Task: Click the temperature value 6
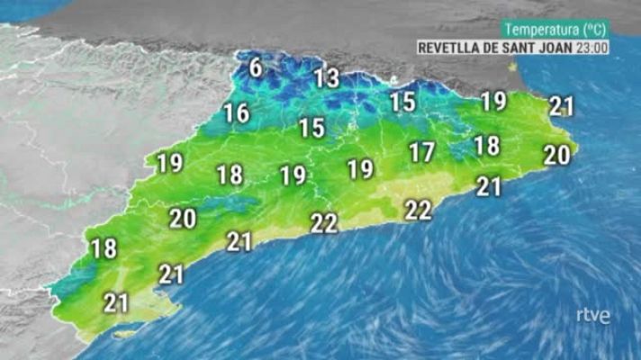point(256,67)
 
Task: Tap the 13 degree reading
point(327,78)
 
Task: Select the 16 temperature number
point(237,113)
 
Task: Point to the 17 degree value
point(421,153)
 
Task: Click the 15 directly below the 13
point(311,128)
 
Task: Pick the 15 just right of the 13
point(402,103)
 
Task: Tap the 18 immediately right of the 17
point(486,145)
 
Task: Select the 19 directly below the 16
point(169,164)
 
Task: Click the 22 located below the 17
point(418,210)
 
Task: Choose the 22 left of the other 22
point(323,222)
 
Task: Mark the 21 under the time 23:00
point(562,107)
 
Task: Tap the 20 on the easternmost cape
point(556,156)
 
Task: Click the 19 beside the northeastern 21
point(493,102)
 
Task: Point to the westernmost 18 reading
point(104,248)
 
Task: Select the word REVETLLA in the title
point(451,48)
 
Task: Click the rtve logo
point(593,316)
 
